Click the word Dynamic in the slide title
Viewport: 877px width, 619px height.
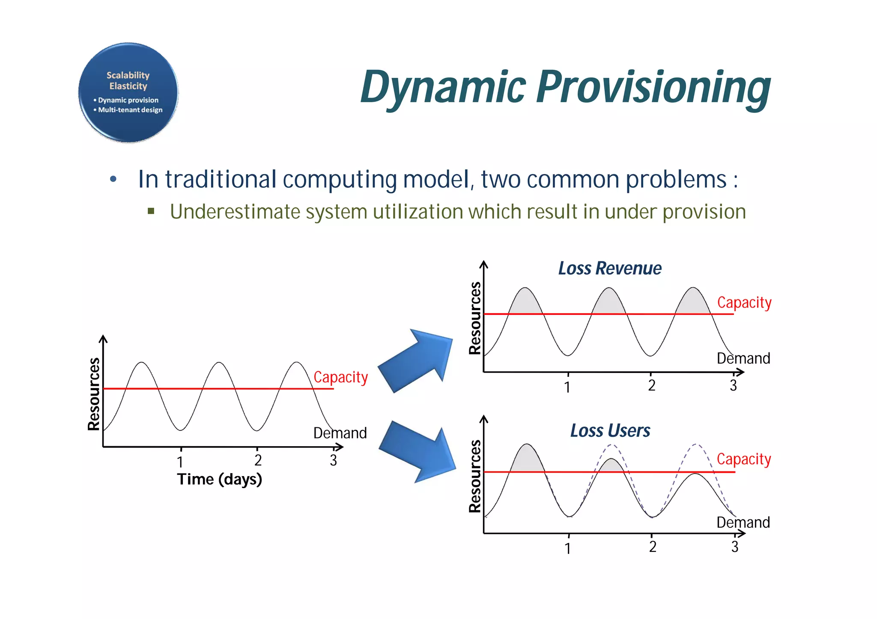pyautogui.click(x=443, y=88)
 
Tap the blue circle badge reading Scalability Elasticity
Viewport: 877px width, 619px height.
pyautogui.click(x=128, y=92)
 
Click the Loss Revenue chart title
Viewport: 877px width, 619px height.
pyautogui.click(x=609, y=269)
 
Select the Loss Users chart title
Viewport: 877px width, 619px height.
pyautogui.click(x=610, y=431)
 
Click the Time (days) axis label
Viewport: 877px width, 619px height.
pyautogui.click(x=219, y=479)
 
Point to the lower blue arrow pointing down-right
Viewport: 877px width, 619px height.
pyautogui.click(x=418, y=451)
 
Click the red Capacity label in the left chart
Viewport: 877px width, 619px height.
pyautogui.click(x=340, y=377)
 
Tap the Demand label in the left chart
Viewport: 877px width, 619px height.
pyautogui.click(x=340, y=433)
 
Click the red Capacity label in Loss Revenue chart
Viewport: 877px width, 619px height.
pyautogui.click(x=744, y=302)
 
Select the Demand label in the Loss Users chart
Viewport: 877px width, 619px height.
pyautogui.click(x=743, y=522)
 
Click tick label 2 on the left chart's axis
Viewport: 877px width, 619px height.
pyautogui.click(x=258, y=460)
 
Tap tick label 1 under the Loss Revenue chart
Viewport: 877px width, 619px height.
pyautogui.click(x=567, y=387)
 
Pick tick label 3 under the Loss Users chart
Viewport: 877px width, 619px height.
pyautogui.click(x=735, y=547)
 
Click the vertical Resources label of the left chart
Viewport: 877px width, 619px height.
pyautogui.click(x=94, y=394)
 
